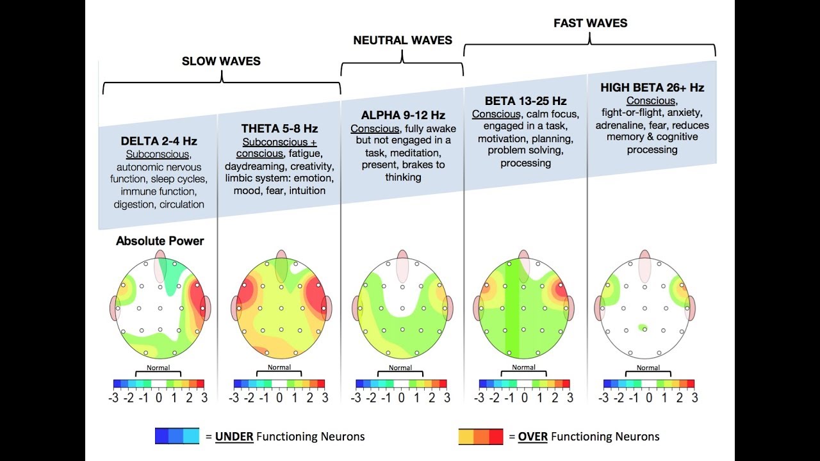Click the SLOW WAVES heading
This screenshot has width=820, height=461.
(x=221, y=61)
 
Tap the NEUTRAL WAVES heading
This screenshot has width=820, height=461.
(x=402, y=40)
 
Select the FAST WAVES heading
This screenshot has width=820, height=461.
(x=590, y=23)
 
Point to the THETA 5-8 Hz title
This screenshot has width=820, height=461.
(x=279, y=129)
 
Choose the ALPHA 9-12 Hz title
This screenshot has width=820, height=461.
(x=403, y=115)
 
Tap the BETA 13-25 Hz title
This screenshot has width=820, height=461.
(x=525, y=101)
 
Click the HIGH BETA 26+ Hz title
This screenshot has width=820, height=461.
(x=652, y=87)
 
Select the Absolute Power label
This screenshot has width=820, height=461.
(x=160, y=241)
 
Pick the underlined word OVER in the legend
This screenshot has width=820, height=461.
(x=532, y=437)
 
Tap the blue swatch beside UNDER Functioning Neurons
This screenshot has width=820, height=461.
(x=177, y=437)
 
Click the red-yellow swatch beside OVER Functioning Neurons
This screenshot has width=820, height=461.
(x=480, y=437)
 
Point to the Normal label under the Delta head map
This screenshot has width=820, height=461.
(x=158, y=368)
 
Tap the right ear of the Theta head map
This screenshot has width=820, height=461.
(x=327, y=308)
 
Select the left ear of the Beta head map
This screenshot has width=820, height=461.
(x=477, y=308)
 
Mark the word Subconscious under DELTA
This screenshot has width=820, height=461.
(x=158, y=154)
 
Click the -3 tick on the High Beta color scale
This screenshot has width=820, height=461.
(x=604, y=398)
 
